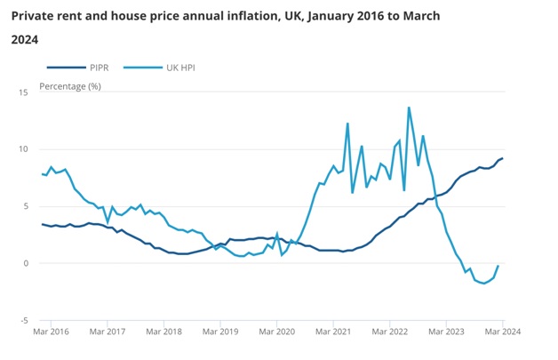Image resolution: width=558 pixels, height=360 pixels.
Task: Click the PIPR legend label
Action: (x=100, y=68)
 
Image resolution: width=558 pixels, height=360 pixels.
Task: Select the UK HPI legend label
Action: (x=182, y=68)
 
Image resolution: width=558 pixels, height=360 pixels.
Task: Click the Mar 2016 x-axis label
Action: (x=52, y=332)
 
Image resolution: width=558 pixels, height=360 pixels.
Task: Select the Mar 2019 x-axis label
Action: (x=220, y=332)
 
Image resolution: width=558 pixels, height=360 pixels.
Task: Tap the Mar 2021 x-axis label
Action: (x=333, y=332)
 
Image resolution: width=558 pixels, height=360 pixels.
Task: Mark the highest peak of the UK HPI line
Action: (x=409, y=108)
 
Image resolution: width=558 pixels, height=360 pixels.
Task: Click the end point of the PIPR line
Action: (x=502, y=158)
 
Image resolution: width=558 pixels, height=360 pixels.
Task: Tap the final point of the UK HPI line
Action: (x=498, y=266)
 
